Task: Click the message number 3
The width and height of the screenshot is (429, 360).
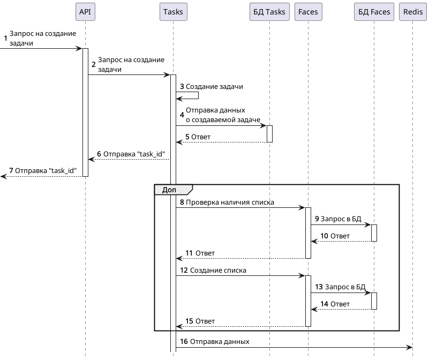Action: point(182,86)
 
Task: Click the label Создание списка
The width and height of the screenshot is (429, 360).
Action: point(218,270)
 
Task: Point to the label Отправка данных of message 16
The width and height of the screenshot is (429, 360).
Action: point(220,341)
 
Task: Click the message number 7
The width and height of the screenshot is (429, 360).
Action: point(11,171)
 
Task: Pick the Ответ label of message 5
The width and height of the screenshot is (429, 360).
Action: point(201,137)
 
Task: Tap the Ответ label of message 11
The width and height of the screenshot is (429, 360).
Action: point(205,253)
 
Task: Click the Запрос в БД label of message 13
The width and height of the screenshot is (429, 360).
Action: point(345,287)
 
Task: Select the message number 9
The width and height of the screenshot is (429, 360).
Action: point(317,219)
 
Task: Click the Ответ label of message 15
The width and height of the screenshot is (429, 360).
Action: point(205,321)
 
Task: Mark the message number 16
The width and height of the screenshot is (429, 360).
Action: point(184,341)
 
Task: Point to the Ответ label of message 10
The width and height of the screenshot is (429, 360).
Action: point(340,236)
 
